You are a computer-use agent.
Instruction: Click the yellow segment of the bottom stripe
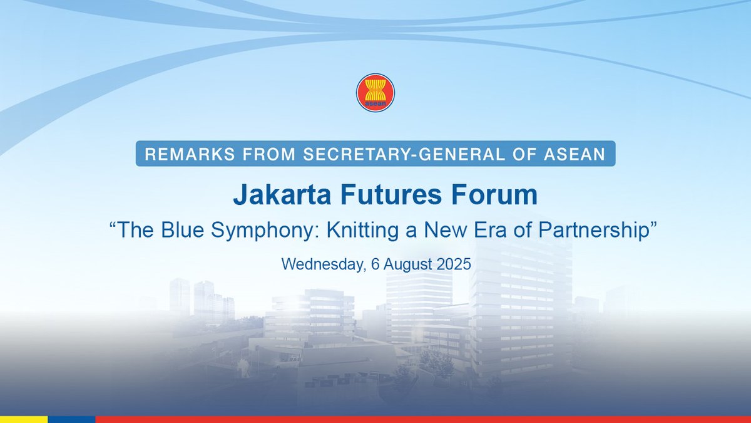[x=24, y=419]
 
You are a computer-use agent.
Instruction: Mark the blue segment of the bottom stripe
[x=71, y=419]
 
